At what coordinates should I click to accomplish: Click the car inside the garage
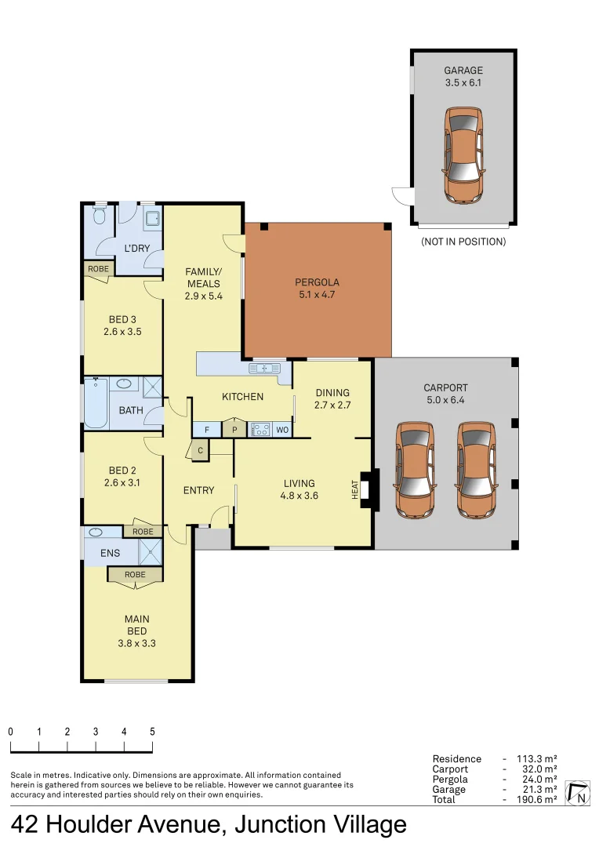(x=463, y=154)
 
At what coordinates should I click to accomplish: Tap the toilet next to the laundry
(x=99, y=215)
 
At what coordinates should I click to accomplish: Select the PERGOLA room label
(x=317, y=282)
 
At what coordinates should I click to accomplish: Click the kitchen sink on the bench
(x=265, y=369)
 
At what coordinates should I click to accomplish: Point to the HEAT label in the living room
(x=355, y=489)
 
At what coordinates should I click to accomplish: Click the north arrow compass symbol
(x=577, y=793)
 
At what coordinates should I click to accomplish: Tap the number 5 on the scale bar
(x=152, y=732)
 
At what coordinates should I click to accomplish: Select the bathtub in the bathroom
(x=96, y=403)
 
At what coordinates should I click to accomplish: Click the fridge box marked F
(x=207, y=430)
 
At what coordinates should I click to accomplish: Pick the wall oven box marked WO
(x=282, y=430)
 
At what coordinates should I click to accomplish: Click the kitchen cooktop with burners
(x=260, y=430)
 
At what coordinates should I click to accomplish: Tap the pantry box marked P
(x=234, y=429)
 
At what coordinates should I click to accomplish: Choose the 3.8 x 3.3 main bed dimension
(x=136, y=643)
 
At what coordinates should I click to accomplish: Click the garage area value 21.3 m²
(x=537, y=789)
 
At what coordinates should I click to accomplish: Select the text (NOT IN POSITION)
(x=463, y=242)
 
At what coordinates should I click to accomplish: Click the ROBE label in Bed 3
(x=98, y=269)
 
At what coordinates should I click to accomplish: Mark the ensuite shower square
(x=151, y=552)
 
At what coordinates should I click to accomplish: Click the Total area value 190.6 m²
(x=537, y=799)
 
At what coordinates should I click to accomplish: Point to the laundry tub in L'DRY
(x=152, y=218)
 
